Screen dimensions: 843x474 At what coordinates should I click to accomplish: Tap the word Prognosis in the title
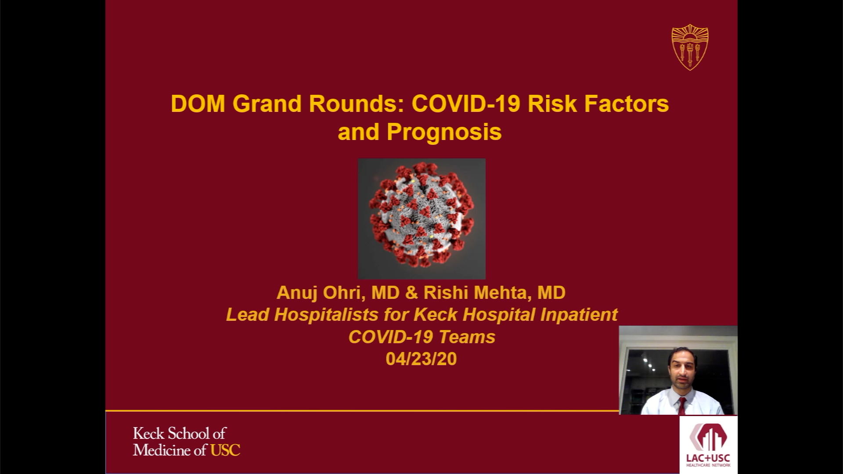tap(444, 132)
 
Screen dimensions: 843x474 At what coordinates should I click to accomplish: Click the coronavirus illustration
tap(422, 219)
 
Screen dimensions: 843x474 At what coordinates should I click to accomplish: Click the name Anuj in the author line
tap(297, 293)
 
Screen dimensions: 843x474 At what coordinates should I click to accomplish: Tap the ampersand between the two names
tap(412, 293)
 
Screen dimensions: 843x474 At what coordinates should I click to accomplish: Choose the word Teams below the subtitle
tap(467, 337)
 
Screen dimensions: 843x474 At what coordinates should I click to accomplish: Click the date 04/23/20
tap(421, 359)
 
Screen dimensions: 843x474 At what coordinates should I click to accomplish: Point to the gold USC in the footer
tap(225, 450)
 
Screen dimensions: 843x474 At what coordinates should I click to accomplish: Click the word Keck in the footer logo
tap(148, 434)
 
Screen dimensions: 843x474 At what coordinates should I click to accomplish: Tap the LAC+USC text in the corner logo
tap(708, 458)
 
